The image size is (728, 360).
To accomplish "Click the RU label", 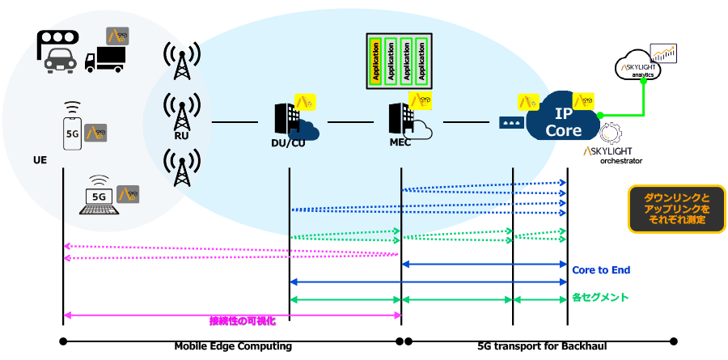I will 181,137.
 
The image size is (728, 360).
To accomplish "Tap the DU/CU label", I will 289,144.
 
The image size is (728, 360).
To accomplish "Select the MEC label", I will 401,144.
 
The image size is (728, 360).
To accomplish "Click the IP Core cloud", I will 564,121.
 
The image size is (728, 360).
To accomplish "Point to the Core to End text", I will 601,270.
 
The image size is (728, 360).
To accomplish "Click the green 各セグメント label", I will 600,298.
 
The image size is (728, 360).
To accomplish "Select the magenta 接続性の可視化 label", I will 242,320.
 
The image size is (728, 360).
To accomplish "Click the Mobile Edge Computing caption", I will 233,346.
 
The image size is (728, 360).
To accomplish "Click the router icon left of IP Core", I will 509,123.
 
